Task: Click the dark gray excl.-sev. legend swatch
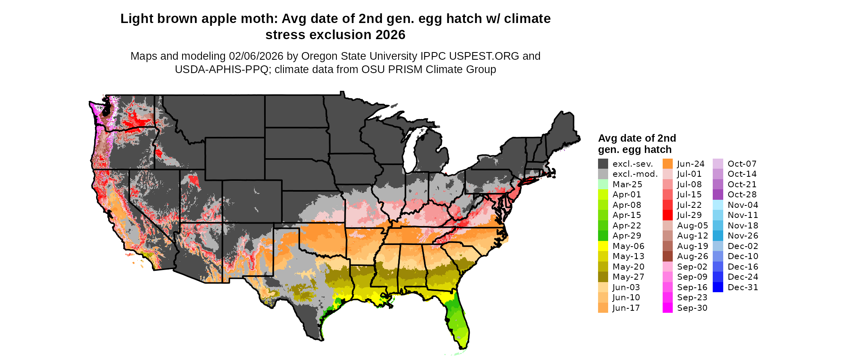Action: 603,164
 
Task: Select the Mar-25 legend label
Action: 627,184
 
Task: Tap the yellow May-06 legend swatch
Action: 603,246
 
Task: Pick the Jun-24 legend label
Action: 691,164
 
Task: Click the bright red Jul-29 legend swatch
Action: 667,215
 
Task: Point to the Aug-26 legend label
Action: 693,256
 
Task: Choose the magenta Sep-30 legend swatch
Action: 667,308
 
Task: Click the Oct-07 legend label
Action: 742,164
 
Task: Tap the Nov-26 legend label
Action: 743,236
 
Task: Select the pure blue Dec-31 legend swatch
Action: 718,287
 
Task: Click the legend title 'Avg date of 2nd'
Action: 637,138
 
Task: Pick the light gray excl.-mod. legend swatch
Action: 603,174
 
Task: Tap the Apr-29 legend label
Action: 627,236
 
